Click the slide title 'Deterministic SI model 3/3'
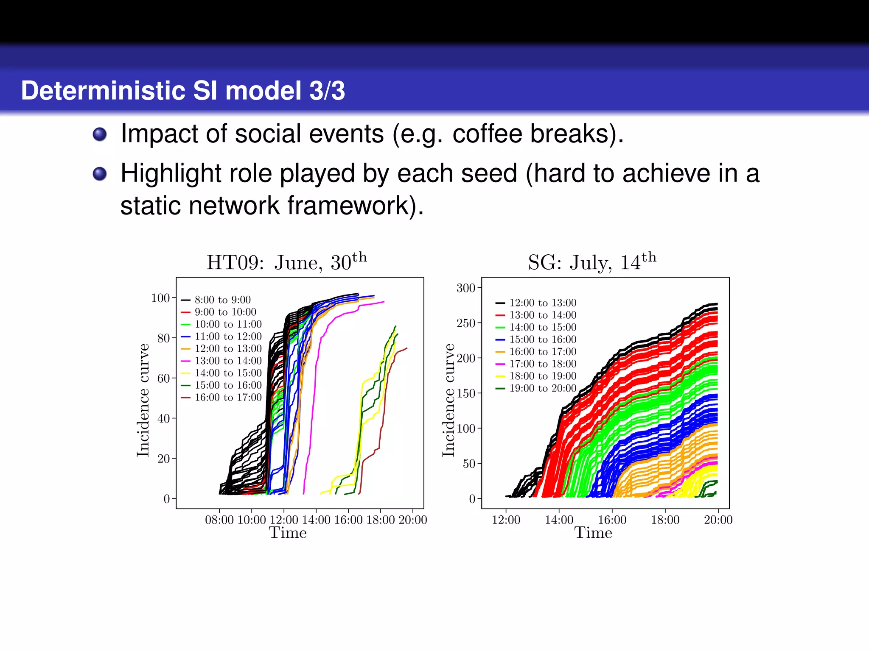pos(183,91)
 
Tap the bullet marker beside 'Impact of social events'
pos(100,134)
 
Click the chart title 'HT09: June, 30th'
pos(286,262)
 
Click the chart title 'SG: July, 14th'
pos(592,262)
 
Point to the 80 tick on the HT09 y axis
pos(163,338)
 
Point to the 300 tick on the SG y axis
pos(465,288)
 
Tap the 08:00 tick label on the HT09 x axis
pos(219,520)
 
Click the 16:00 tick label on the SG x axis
pos(612,520)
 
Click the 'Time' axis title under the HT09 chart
pos(288,533)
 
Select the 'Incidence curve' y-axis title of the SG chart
pos(449,400)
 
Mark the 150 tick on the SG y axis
pos(465,393)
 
